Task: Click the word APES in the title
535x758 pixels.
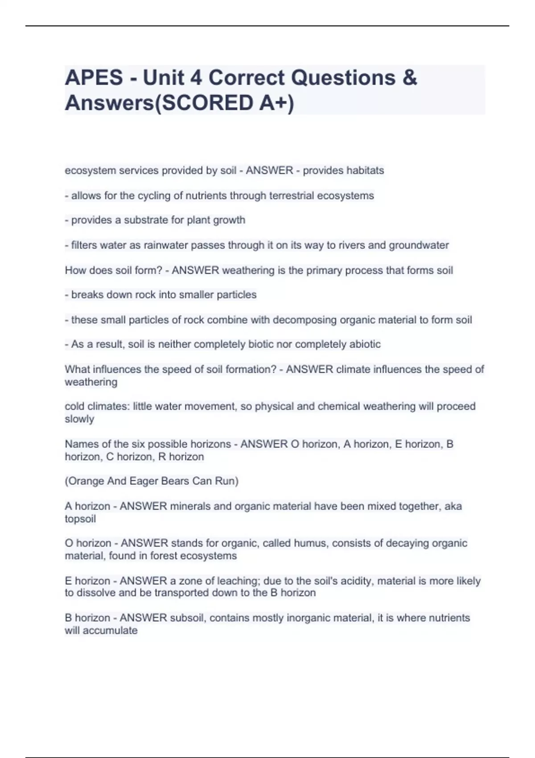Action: (94, 78)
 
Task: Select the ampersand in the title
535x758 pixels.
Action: (409, 78)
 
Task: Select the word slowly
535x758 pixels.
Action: (79, 419)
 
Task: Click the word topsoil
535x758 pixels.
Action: (80, 519)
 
